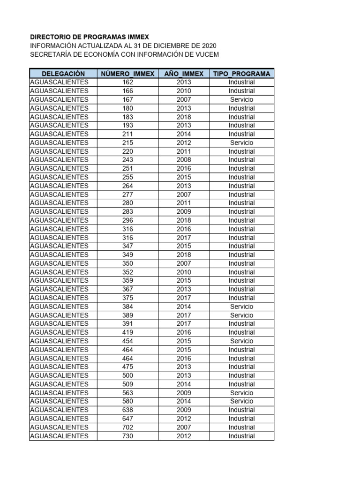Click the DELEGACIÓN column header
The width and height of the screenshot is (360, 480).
[x=63, y=74]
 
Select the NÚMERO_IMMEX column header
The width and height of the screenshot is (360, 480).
[x=127, y=74]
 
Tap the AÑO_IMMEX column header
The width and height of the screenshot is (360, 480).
[x=184, y=74]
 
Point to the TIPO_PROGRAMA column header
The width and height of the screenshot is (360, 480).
[x=241, y=74]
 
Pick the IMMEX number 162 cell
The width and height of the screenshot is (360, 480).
[x=127, y=82]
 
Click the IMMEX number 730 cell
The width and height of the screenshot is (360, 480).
[x=127, y=436]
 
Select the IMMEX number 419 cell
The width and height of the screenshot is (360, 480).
[x=127, y=332]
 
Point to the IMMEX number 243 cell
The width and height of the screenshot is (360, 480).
[x=127, y=160]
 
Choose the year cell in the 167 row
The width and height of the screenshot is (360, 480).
[x=184, y=99]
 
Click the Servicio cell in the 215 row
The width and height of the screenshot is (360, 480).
[x=241, y=142]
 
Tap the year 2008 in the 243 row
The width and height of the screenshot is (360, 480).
[x=184, y=160]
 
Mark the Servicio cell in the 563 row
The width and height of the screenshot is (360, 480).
[x=241, y=393]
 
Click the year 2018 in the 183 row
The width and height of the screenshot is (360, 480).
[x=184, y=117]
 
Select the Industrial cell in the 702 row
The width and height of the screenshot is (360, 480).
[x=241, y=427]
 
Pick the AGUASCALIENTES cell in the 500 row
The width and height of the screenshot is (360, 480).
[x=59, y=375]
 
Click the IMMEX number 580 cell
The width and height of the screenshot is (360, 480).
[x=127, y=401]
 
